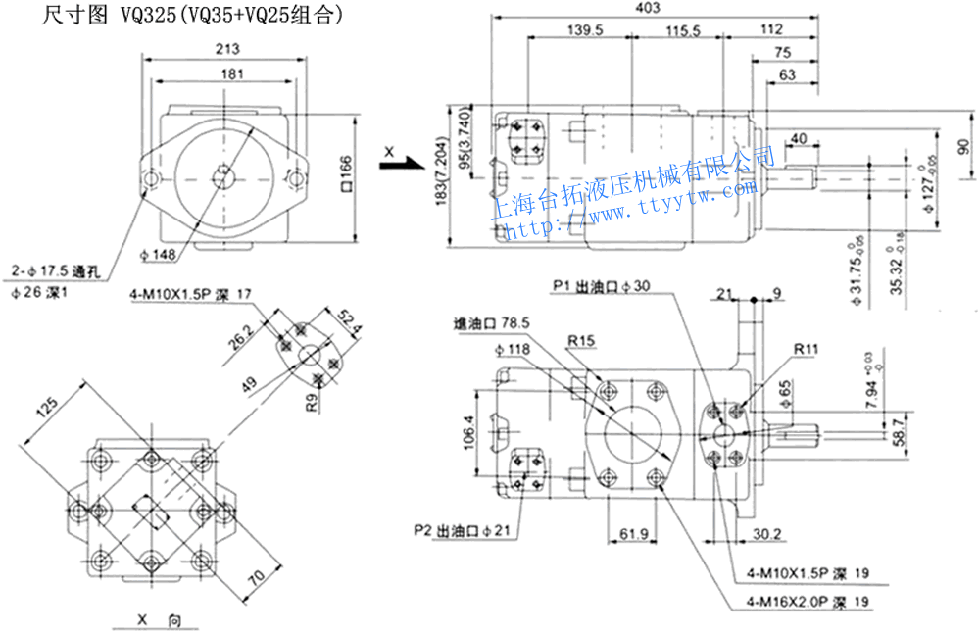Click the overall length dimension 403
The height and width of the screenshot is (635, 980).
point(648,8)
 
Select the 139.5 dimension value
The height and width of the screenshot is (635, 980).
point(584,30)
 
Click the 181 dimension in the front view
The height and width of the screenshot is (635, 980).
point(232,73)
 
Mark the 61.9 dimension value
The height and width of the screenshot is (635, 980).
point(635,534)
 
